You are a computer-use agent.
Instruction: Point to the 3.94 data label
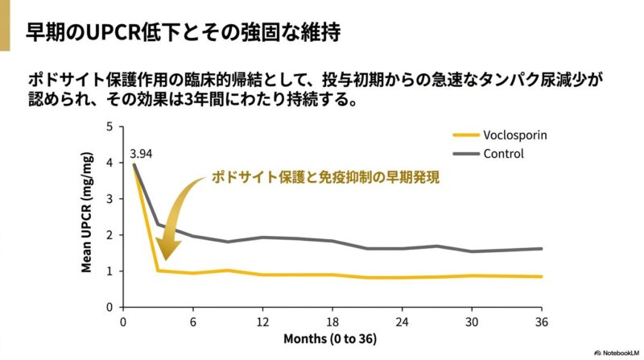click(x=142, y=151)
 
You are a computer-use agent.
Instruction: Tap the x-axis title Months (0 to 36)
click(x=329, y=338)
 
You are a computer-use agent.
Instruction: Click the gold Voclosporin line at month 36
click(x=541, y=276)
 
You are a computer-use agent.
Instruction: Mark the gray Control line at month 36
click(x=541, y=248)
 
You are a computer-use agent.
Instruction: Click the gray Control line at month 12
click(x=262, y=238)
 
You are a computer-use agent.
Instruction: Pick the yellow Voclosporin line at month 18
click(x=332, y=275)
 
